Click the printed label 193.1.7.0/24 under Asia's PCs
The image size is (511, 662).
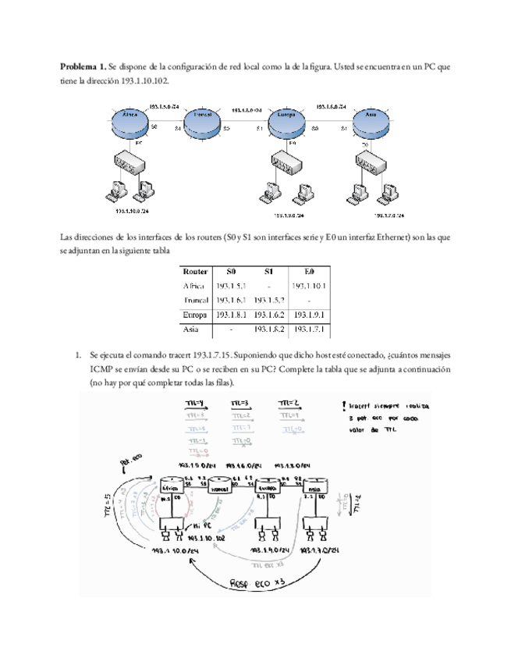382,216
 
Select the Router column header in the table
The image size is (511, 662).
195,272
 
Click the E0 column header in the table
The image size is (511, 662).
309,272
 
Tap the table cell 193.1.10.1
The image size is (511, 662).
309,286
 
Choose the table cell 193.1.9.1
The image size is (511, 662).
309,315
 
